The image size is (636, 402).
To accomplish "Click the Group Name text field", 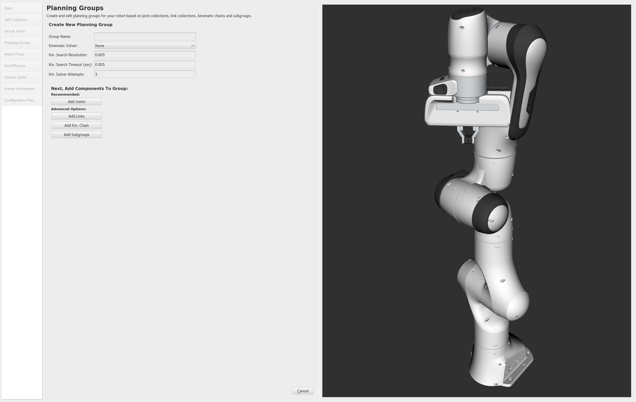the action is click(145, 36).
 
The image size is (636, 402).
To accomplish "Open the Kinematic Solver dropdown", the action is click(145, 46).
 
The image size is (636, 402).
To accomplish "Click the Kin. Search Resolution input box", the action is click(145, 55).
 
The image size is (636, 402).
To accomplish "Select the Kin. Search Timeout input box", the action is click(145, 64).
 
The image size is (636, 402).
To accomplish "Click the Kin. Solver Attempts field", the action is click(145, 74).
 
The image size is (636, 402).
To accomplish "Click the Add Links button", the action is click(77, 116).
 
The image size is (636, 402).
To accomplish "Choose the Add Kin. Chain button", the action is click(77, 125).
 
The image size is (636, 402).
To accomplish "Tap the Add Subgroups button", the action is click(77, 134).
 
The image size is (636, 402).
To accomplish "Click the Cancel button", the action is click(303, 391).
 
